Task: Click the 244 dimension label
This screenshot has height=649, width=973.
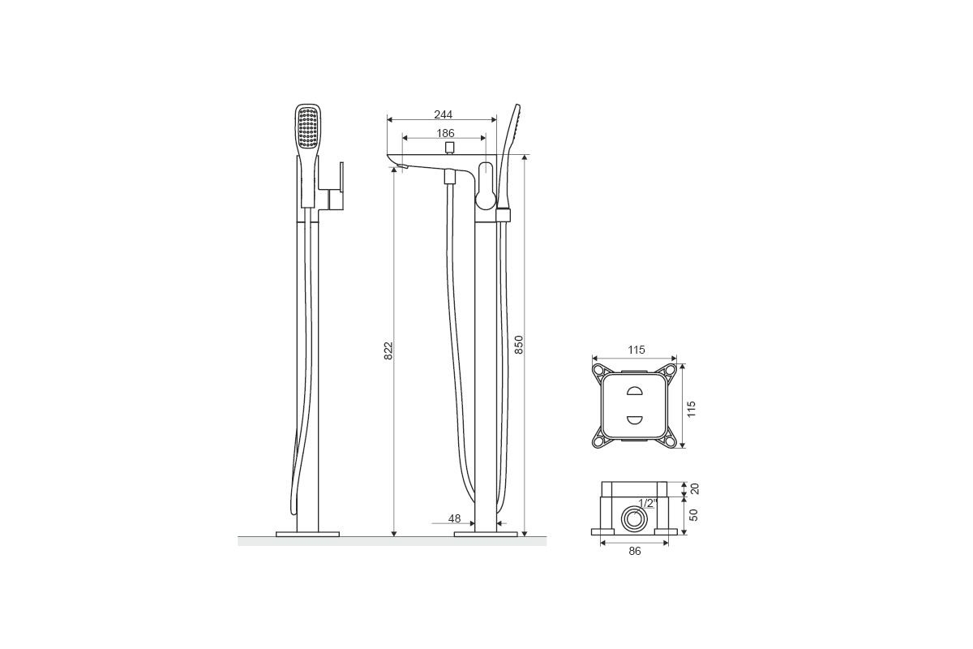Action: coord(443,114)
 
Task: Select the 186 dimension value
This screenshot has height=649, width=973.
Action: coord(445,133)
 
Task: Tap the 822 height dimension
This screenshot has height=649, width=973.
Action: coord(388,350)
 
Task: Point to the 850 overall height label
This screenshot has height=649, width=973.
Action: coord(519,345)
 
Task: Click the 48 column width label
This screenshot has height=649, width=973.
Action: coord(454,518)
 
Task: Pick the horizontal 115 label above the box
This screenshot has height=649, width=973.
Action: coord(637,350)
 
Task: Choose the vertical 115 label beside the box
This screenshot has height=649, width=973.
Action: coord(692,409)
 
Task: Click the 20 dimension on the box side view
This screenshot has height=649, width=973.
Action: coord(695,489)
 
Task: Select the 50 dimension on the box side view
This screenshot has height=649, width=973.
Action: coord(694,515)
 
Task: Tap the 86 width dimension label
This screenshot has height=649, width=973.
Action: coord(635,551)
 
